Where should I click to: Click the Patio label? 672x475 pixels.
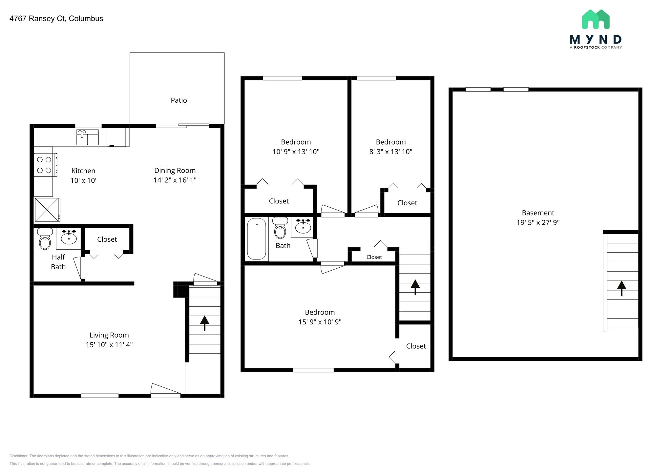pos(179,100)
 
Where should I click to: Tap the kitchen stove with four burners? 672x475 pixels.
pos(45,165)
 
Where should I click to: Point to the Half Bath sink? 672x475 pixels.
pos(69,237)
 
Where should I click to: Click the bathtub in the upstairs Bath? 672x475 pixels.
pos(257,239)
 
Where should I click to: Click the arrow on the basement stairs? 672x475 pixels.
pos(621,288)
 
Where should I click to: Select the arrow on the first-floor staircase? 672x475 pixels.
pos(204,323)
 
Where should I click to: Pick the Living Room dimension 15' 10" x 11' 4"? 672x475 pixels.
pos(109,345)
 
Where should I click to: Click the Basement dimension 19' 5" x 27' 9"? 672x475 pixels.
pos(538,222)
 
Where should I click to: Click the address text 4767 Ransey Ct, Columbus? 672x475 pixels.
pos(56,19)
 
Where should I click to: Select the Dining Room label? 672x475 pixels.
pos(175,171)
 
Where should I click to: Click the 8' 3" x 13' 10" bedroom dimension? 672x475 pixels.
pos(390,152)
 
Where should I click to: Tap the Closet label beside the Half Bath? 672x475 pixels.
pos(107,239)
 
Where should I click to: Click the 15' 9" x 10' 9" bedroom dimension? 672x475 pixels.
pos(320,322)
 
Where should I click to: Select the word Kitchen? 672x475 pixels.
pos(83,171)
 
